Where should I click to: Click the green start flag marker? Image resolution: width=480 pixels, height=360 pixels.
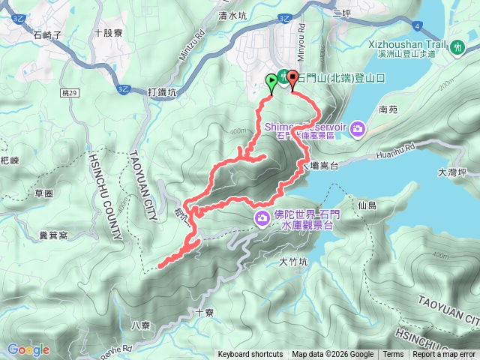click(x=271, y=79)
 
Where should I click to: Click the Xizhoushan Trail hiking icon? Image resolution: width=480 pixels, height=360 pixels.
click(x=458, y=46)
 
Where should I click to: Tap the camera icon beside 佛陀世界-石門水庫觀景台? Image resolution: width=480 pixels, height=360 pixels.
click(x=262, y=218)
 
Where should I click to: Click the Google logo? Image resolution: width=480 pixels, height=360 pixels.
click(x=28, y=349)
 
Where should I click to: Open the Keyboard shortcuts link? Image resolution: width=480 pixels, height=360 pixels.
click(x=250, y=355)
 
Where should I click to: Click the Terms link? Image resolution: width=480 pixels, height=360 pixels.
click(x=393, y=355)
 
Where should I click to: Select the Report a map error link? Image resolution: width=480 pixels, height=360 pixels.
click(x=444, y=355)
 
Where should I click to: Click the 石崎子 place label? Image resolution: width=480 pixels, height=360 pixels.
click(x=47, y=34)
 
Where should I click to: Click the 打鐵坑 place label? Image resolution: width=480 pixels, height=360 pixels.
click(x=161, y=91)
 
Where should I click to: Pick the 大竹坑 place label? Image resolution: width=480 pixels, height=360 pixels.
click(x=293, y=262)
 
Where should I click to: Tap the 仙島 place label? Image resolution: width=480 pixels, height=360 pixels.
click(x=367, y=204)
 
